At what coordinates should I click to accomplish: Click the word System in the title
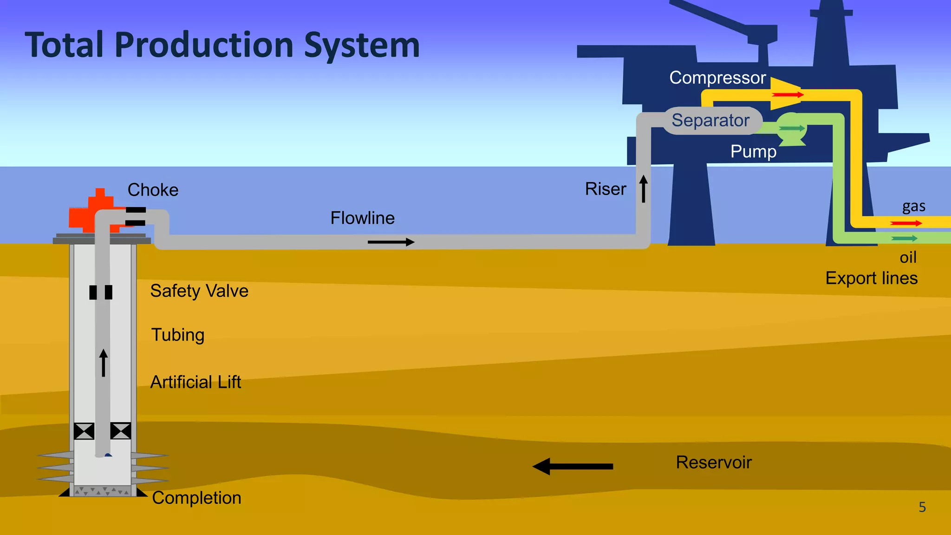coord(362,46)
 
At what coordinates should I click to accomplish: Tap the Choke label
coord(153,190)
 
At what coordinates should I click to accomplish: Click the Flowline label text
coord(362,218)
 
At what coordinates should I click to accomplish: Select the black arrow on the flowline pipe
coord(391,242)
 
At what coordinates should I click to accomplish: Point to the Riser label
coord(605,189)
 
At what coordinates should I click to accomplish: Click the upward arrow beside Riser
coord(644,189)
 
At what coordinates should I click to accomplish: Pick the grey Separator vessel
coord(711,121)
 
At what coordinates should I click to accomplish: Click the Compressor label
coord(717,78)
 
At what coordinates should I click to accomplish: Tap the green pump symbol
coord(791,130)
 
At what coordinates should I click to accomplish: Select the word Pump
coord(753,151)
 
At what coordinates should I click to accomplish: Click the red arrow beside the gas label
coord(906,223)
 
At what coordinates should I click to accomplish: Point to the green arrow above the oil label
coord(904,239)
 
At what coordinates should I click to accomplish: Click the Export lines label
coord(871,278)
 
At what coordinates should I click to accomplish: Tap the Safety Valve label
coord(199,291)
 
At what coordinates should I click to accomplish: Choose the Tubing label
coord(178,335)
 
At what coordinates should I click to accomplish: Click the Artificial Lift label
coord(195,382)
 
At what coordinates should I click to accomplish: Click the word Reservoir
coord(713,463)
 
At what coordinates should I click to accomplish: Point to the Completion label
coord(196,498)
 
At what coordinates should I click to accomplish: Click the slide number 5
coord(922,507)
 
